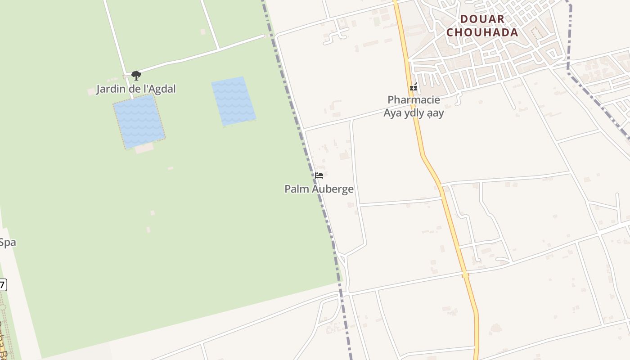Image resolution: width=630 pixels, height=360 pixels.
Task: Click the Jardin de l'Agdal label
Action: click(x=136, y=89)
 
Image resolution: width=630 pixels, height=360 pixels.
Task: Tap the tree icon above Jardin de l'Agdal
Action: click(x=136, y=75)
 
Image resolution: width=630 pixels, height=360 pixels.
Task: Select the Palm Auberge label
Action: click(x=319, y=189)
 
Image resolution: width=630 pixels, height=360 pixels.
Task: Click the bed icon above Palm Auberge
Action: click(x=319, y=175)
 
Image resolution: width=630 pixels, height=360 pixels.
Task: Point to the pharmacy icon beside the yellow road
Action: click(x=414, y=87)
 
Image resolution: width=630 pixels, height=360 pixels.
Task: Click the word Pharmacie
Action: click(x=414, y=99)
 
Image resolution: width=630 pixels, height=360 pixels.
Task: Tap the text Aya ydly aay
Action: click(x=414, y=112)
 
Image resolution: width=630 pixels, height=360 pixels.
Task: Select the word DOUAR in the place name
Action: click(x=482, y=19)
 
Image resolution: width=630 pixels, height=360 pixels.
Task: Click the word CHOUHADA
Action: click(x=482, y=32)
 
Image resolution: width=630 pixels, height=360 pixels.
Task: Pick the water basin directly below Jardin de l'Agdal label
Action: click(x=139, y=121)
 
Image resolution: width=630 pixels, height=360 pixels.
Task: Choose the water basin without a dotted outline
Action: click(x=234, y=101)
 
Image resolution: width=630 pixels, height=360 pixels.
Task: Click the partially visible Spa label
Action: click(x=7, y=243)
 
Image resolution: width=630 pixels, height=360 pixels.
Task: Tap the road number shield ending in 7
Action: click(x=3, y=285)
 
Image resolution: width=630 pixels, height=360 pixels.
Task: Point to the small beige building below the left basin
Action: click(x=144, y=148)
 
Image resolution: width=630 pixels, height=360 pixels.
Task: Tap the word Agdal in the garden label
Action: click(x=162, y=89)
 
